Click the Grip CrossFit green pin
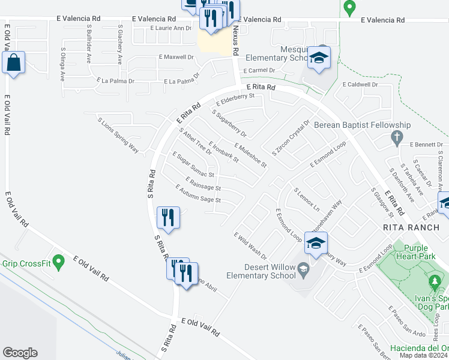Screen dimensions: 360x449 point(58,262)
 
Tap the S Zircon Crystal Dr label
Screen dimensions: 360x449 point(290,138)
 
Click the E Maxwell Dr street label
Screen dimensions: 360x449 point(176,58)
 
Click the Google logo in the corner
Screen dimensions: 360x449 point(20,353)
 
